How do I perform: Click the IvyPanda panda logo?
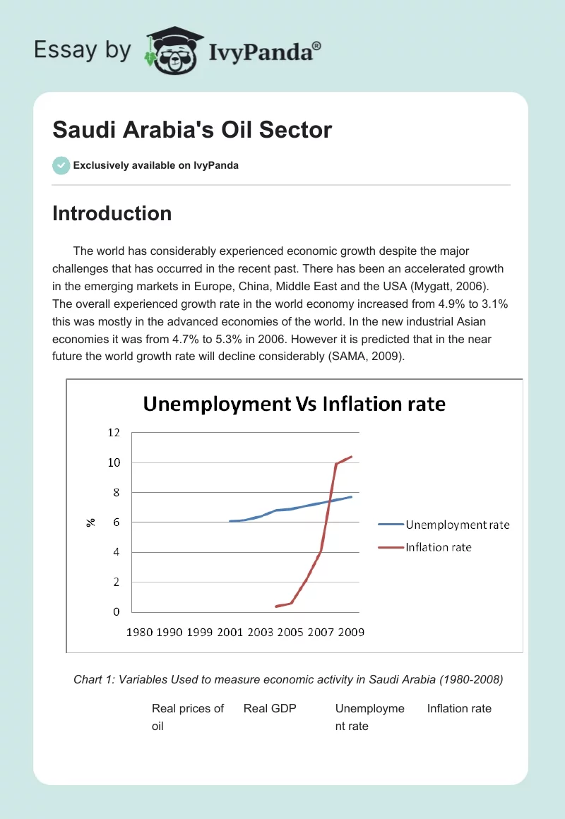[174, 51]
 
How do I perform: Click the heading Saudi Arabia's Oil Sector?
[192, 130]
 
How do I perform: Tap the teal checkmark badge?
[61, 165]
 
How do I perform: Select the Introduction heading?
[112, 213]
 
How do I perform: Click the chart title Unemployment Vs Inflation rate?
[295, 404]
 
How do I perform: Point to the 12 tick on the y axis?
[114, 432]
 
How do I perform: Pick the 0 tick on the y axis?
[117, 611]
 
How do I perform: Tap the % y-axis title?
[91, 522]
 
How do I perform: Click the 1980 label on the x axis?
[139, 632]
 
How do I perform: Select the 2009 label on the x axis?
[351, 632]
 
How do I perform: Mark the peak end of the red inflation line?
[352, 456]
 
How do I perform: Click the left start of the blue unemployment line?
[230, 521]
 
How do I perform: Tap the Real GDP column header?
[270, 708]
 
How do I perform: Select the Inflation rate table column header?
[459, 708]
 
